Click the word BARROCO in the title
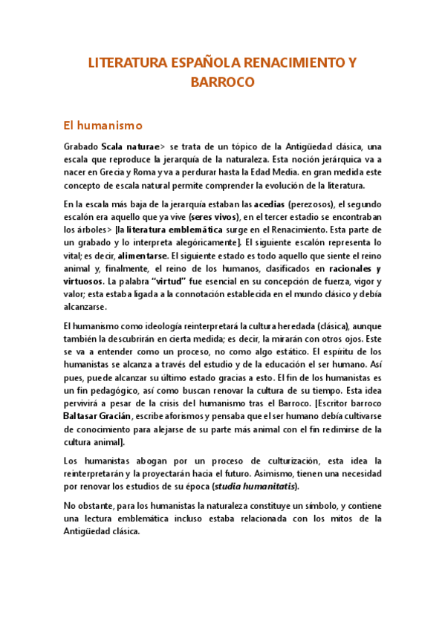[x=222, y=82]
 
